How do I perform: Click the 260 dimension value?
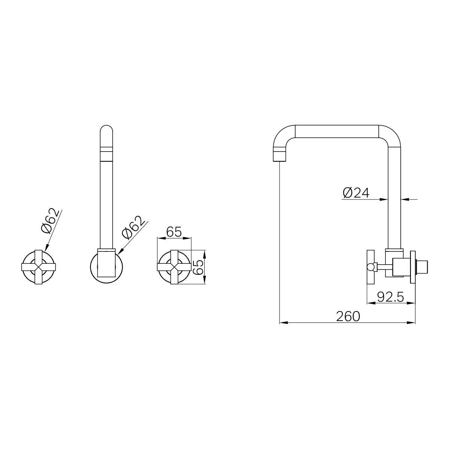(x=348, y=317)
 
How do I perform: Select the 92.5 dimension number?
(x=390, y=297)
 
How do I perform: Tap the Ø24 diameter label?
(x=356, y=193)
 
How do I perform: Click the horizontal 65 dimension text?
(x=174, y=232)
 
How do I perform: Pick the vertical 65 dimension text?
(x=198, y=267)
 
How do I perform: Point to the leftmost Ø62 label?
(x=51, y=221)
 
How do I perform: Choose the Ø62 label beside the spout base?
(x=133, y=227)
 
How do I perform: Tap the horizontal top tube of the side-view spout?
(x=337, y=131)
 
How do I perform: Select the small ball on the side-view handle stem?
(x=371, y=267)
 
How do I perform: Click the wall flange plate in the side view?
(x=413, y=267)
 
